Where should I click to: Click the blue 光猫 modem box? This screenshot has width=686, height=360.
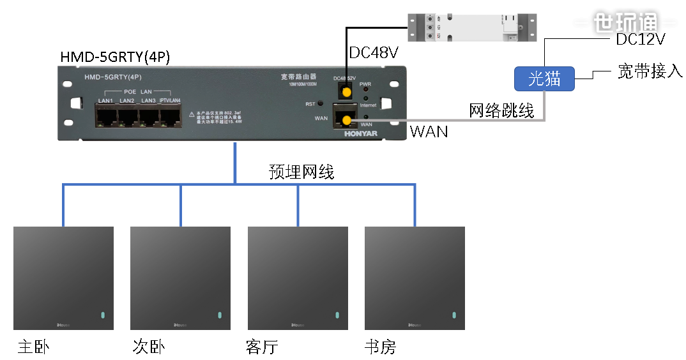(545, 79)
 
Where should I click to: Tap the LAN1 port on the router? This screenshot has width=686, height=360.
(106, 116)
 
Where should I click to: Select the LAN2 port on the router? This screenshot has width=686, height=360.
(128, 116)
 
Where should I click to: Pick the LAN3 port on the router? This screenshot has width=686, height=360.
(149, 116)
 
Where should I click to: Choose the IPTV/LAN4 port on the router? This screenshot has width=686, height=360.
(171, 116)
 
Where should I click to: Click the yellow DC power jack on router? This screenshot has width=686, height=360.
(346, 93)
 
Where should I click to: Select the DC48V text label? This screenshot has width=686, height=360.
(374, 52)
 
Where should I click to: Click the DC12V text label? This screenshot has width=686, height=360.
(640, 40)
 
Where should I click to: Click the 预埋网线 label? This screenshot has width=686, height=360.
(301, 172)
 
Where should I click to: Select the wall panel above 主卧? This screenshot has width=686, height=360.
(63, 278)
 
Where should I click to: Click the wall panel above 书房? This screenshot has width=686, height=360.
(415, 278)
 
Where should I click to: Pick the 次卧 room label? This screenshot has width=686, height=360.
(148, 347)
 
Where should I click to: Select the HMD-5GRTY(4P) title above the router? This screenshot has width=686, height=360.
(115, 57)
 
